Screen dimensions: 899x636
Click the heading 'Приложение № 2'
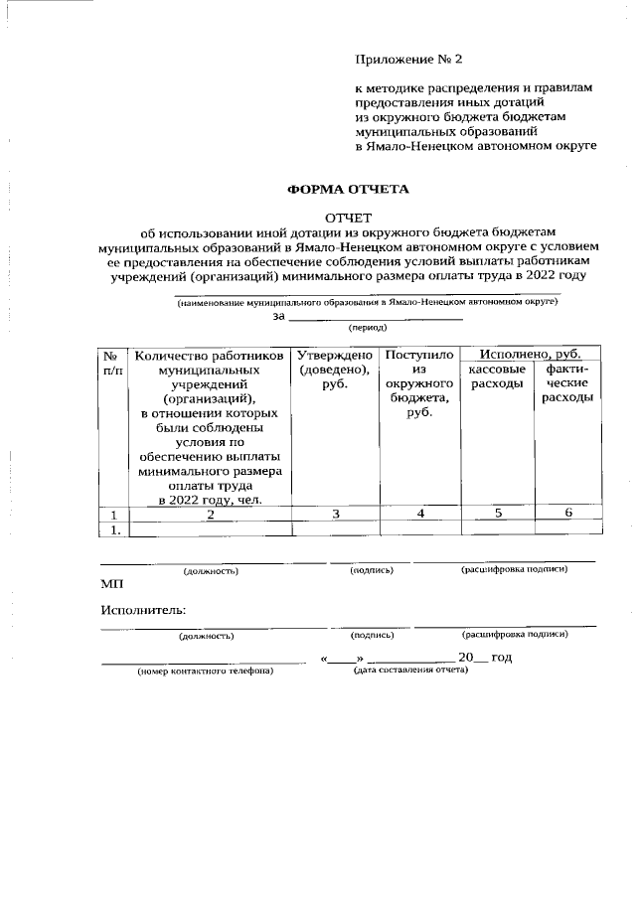click(409, 61)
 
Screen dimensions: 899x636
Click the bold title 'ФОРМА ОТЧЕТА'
click(348, 188)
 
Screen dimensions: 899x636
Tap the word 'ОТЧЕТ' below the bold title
click(348, 218)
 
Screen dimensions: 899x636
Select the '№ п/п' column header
click(113, 362)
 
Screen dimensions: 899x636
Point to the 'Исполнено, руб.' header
click(531, 354)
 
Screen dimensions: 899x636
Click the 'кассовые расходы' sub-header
click(496, 376)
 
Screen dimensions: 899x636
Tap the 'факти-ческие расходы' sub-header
click(567, 383)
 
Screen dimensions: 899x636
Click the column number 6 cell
click(567, 514)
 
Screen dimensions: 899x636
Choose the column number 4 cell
click(420, 514)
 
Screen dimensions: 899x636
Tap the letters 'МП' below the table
click(111, 585)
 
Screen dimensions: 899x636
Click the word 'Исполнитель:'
click(143, 610)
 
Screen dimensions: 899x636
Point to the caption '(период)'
click(367, 327)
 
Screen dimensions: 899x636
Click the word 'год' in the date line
click(502, 658)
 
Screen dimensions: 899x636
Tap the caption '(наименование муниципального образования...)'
click(368, 301)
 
